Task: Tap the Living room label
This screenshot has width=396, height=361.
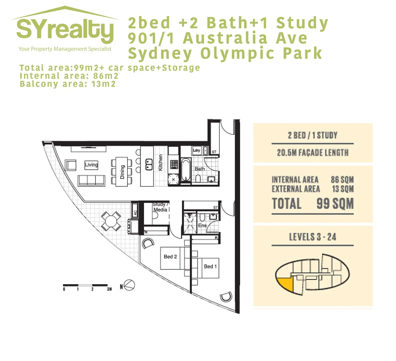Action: click(x=91, y=164)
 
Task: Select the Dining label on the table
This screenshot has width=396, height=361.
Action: click(x=122, y=172)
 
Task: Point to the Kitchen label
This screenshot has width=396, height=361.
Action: click(x=161, y=162)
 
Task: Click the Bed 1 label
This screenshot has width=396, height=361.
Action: click(x=210, y=266)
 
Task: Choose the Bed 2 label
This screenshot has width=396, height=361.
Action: click(x=170, y=257)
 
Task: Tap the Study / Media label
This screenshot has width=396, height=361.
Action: click(x=161, y=207)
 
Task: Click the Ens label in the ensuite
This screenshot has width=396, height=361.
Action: click(x=202, y=226)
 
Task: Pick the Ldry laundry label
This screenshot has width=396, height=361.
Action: click(x=196, y=151)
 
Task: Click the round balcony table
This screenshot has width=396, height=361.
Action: click(x=111, y=221)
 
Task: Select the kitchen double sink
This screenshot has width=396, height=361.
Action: click(x=149, y=164)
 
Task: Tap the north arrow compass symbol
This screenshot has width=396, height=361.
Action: click(x=129, y=286)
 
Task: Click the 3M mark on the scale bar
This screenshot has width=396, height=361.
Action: click(x=109, y=289)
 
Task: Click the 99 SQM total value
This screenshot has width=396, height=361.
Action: click(x=335, y=204)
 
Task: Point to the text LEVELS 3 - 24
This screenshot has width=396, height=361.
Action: click(x=312, y=237)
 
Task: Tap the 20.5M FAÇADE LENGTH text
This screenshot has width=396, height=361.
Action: click(x=312, y=153)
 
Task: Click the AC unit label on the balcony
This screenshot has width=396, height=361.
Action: click(x=135, y=212)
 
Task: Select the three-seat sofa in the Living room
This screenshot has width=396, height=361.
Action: click(x=91, y=180)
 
